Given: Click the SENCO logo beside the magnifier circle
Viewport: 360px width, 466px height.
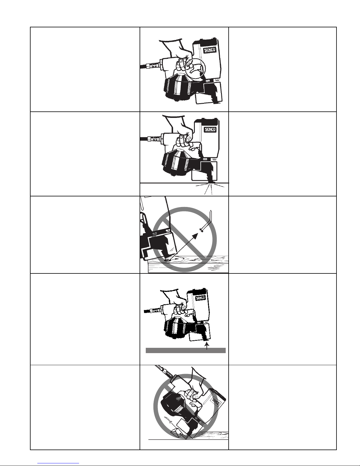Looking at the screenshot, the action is click(210, 50).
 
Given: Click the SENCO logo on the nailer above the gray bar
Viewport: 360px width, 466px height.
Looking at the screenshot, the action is click(200, 298).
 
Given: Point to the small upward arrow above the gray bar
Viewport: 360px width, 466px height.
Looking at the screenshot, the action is click(207, 346).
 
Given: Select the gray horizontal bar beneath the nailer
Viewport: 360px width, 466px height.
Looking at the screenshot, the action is click(185, 350).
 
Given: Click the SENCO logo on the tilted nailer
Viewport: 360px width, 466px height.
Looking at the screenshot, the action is click(215, 401).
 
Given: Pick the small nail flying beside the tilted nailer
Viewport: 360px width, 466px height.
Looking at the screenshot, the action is click(169, 420).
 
